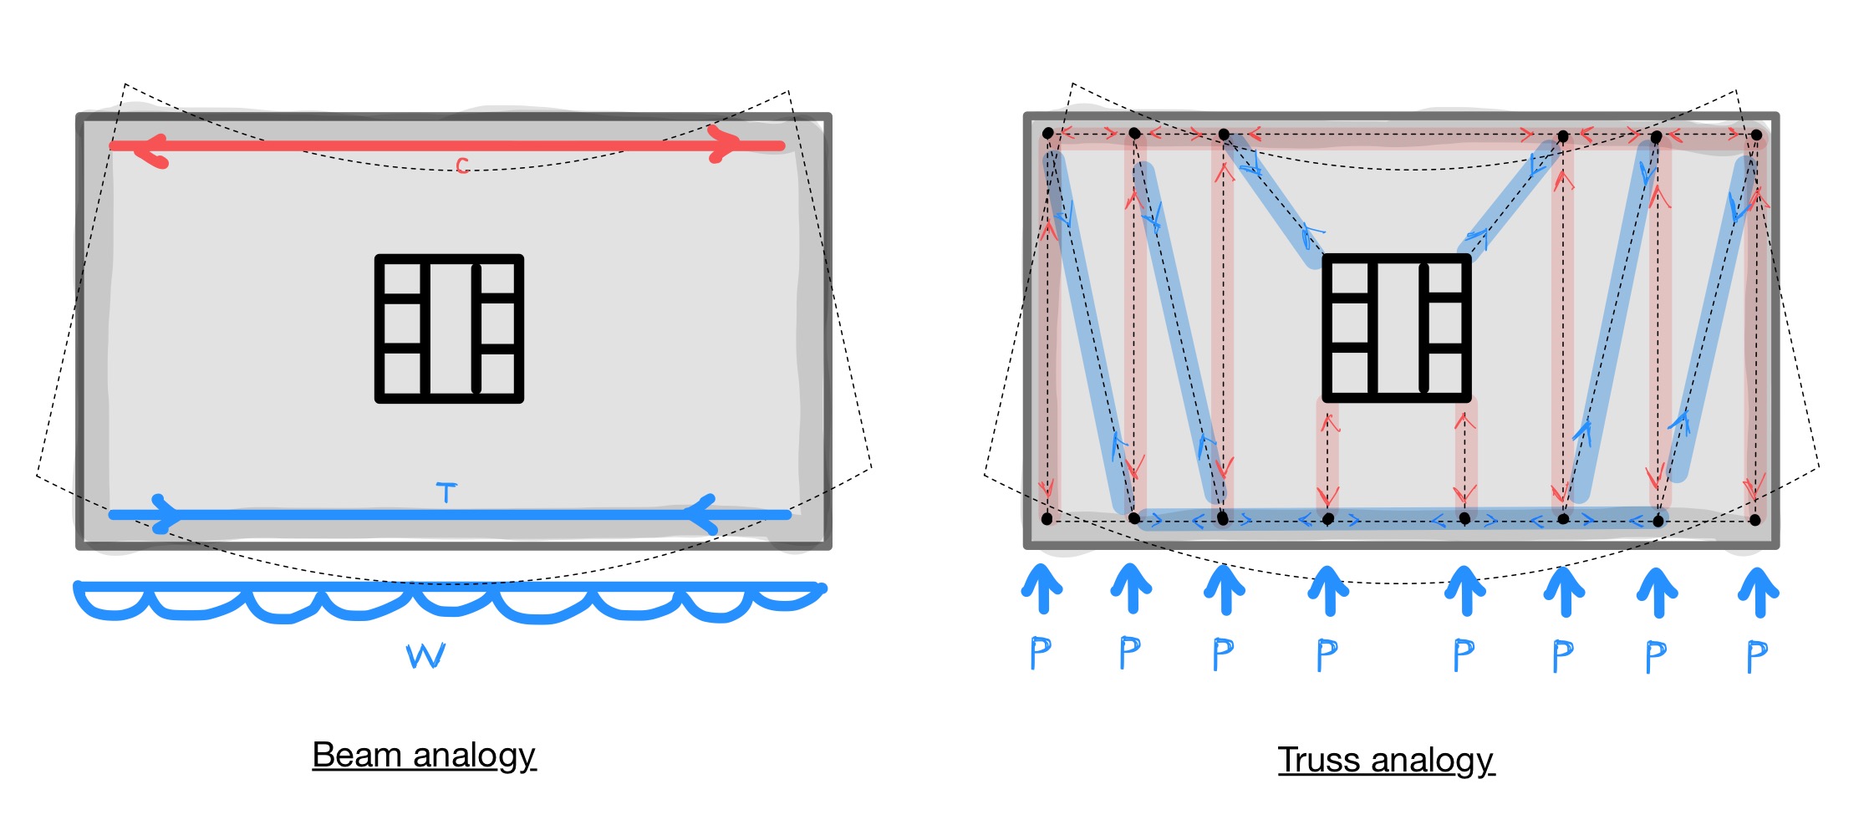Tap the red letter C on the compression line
(462, 166)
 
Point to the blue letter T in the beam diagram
(447, 492)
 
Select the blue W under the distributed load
(426, 655)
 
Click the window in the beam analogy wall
(449, 328)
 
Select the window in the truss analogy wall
(1397, 328)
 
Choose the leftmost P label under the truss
(1041, 653)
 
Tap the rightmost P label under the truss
(1757, 657)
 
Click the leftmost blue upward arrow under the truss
(1041, 589)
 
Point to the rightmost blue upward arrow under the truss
(1759, 593)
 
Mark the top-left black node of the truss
(1048, 133)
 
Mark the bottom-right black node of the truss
(1755, 520)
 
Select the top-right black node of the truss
(1757, 135)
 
